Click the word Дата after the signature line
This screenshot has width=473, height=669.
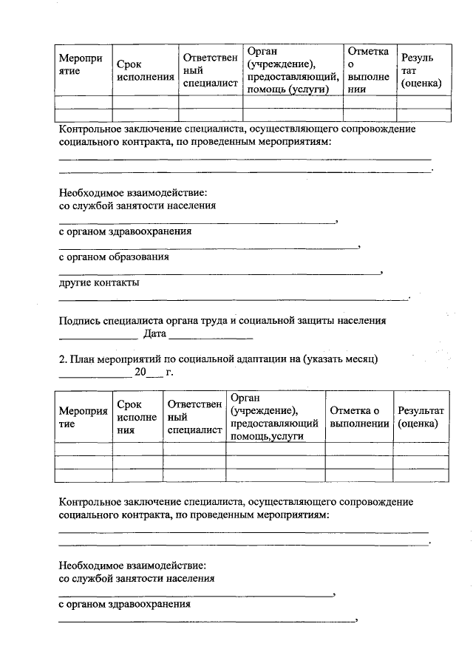pos(154,334)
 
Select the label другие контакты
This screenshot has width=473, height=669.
pos(99,282)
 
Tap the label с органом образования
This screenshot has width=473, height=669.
pos(114,257)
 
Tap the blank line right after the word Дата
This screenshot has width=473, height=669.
pos(211,338)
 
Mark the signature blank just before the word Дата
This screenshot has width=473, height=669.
pos(98,338)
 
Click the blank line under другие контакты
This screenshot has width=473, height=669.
pos(233,299)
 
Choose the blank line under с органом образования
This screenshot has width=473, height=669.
pos(219,274)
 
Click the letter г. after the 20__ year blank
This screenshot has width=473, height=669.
pos(169,373)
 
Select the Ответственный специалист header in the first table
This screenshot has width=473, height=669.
pos(211,71)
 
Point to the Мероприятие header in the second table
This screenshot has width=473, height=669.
pos(78,417)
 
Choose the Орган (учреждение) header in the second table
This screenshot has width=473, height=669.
pos(274,417)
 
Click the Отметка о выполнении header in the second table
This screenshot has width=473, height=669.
pos(358,417)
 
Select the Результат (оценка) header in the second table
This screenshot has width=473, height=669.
pos(421,417)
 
